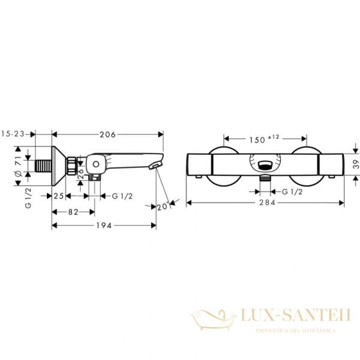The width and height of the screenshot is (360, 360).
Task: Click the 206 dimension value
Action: (x=108, y=134)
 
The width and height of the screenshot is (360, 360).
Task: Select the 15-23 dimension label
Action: (x=13, y=134)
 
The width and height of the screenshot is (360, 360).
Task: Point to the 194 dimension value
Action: (x=104, y=225)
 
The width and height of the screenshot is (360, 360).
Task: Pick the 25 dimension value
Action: (x=59, y=196)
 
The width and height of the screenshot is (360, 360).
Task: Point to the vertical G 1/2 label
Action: (x=28, y=196)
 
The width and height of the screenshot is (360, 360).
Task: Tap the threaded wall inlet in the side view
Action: (x=43, y=164)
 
